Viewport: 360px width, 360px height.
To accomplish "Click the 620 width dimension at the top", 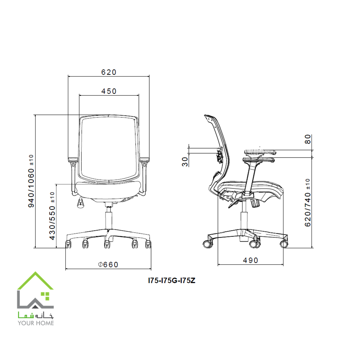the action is [109, 72].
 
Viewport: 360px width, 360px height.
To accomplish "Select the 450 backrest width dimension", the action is [109, 91].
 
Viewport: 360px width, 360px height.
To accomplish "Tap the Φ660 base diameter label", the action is [108, 265].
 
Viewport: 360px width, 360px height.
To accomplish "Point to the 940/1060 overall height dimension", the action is [31, 181].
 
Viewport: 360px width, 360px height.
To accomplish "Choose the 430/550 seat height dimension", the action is [53, 216].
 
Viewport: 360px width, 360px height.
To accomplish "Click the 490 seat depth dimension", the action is [250, 260].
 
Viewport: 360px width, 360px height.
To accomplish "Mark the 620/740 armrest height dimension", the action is [307, 202].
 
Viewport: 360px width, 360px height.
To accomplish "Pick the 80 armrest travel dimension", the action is [307, 139].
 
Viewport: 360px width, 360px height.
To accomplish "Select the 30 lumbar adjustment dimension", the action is [185, 161].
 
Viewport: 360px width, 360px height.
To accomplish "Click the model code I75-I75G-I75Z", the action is [172, 281].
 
